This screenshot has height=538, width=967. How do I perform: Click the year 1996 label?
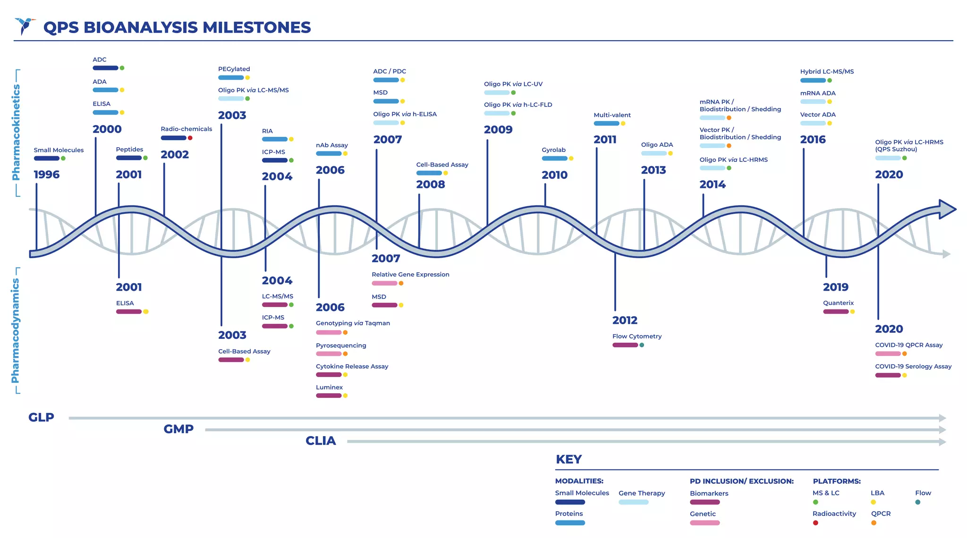47,175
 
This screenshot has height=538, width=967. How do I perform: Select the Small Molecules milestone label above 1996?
59,150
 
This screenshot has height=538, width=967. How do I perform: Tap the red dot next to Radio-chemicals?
190,138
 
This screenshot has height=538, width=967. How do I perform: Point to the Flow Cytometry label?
636,336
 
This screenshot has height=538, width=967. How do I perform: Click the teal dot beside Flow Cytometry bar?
642,345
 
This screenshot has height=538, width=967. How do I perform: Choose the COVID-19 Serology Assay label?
913,367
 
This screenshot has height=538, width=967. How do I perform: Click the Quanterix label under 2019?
838,303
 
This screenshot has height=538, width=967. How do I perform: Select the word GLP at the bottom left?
41,418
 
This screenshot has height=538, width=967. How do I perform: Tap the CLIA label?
321,441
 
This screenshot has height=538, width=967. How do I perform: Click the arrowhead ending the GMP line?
942,430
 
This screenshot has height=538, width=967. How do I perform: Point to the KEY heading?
568,460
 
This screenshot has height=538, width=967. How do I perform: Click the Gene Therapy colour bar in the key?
633,502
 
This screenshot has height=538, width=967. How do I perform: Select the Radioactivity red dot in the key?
815,523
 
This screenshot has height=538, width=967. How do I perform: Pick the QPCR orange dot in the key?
874,523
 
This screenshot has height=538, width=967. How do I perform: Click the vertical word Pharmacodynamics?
15,330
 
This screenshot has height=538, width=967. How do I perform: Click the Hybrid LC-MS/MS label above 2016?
827,72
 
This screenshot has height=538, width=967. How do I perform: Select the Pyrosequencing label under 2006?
341,345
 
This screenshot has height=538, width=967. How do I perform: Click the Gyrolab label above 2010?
553,150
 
